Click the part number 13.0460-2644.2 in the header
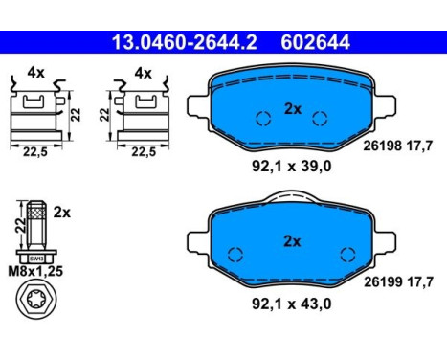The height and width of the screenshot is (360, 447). pos(185,42)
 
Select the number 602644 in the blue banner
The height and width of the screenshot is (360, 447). pos(315,42)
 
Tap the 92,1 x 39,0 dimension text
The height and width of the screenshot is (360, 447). pos(291,167)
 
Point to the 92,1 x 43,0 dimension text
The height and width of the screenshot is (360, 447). pos(291,304)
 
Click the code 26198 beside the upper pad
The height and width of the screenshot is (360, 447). pos(382,146)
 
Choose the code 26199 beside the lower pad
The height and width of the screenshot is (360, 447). pos(383,281)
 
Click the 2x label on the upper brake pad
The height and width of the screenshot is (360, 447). pos(293,109)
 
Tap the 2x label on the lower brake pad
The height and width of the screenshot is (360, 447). pos(292,241)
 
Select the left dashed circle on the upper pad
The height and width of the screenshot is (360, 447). pos(263,119)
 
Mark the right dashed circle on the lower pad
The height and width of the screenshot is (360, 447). pos(347,255)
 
